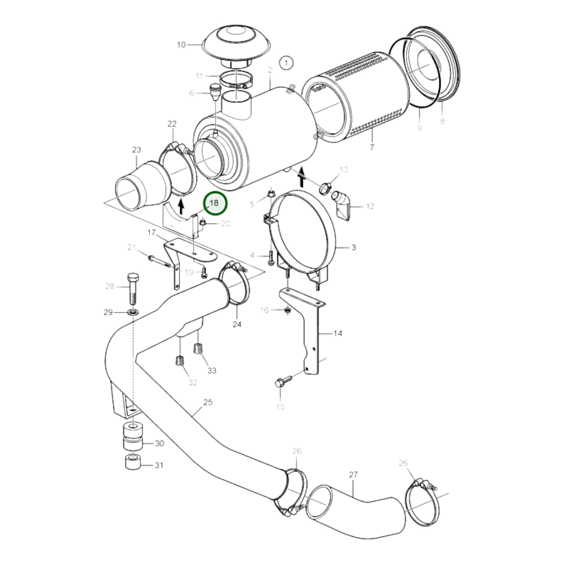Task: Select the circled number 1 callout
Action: click(286, 63)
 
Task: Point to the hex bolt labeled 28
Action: click(133, 290)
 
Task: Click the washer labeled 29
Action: click(133, 313)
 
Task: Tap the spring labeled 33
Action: click(198, 348)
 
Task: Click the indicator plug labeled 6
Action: click(214, 92)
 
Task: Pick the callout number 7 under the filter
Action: click(372, 147)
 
